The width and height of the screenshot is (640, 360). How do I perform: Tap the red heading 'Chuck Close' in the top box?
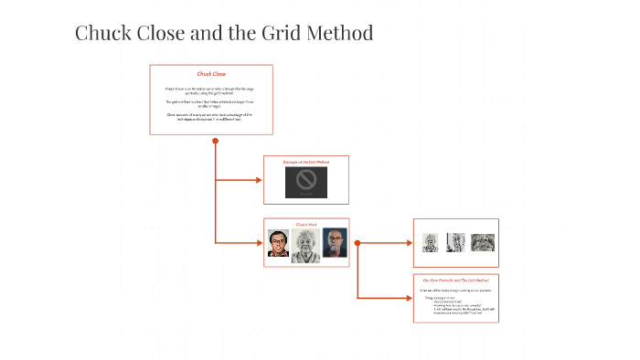coord(211,73)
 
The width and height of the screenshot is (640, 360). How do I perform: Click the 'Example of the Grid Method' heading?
coord(305,162)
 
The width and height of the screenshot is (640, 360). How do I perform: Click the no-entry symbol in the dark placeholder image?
coord(306,181)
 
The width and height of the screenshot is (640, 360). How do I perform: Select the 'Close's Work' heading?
coord(305,224)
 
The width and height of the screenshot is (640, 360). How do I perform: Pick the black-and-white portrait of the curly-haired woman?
coord(306,245)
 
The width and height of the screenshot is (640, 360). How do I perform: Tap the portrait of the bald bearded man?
coord(335,242)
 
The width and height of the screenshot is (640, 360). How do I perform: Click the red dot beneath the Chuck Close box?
coord(215,141)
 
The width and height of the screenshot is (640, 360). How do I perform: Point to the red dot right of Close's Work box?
coord(357,243)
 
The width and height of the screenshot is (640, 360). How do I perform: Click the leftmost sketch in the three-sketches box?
coord(431,242)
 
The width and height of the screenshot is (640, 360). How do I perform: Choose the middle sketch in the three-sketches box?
coord(455,242)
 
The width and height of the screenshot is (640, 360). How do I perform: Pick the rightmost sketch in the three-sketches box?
coord(482,242)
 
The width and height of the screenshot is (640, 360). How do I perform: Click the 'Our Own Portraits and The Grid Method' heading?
coord(455,280)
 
